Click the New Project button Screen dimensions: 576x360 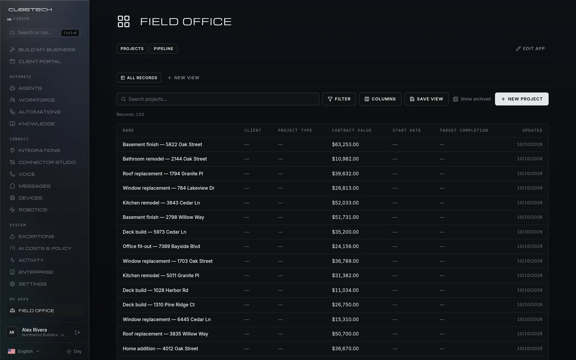522,99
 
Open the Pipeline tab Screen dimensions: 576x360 163,49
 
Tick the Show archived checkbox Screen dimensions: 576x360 455,99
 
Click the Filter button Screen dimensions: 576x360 339,99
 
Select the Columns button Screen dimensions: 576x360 380,99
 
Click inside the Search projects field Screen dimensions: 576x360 218,99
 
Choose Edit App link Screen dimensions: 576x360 530,49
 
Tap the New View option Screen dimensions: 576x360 183,78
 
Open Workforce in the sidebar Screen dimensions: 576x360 36,100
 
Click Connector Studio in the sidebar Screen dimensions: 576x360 47,162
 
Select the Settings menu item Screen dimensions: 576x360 32,284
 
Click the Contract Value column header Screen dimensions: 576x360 352,130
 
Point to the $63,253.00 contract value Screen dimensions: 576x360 345,144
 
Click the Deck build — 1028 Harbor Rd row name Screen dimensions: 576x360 155,290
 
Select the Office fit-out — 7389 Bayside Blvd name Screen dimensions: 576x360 161,246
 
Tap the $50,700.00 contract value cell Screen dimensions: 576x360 345,334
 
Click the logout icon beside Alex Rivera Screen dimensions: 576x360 77,333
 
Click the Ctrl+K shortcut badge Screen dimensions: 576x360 70,33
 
